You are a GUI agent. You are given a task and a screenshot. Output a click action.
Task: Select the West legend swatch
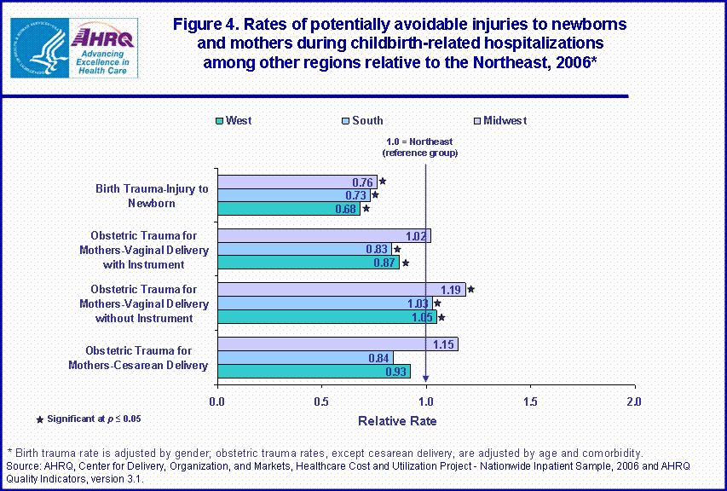click(220, 121)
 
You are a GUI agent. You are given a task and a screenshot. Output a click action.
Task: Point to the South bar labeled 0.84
click(304, 357)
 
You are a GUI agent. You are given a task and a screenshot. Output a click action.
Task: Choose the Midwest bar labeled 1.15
click(337, 344)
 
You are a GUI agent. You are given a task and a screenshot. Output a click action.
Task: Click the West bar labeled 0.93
click(314, 371)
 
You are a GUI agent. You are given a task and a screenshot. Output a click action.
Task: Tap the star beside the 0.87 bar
click(406, 263)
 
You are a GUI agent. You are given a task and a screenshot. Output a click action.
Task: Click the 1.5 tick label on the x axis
click(530, 401)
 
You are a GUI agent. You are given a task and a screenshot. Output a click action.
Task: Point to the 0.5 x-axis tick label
click(321, 401)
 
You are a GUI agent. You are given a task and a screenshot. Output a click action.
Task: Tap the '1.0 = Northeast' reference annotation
click(420, 147)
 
